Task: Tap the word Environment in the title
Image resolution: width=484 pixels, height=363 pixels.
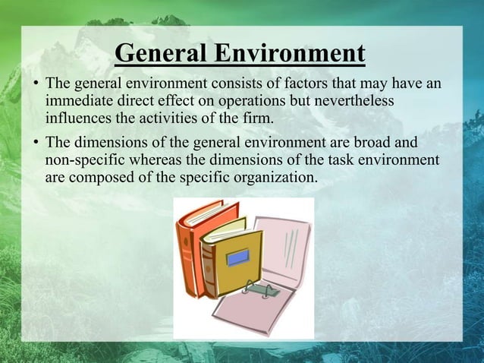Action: coord(288,55)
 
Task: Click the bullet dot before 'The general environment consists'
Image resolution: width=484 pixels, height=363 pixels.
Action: coord(35,84)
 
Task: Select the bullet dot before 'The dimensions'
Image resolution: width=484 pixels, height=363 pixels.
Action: coord(35,143)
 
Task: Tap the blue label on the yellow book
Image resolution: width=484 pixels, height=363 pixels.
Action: coord(238,257)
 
